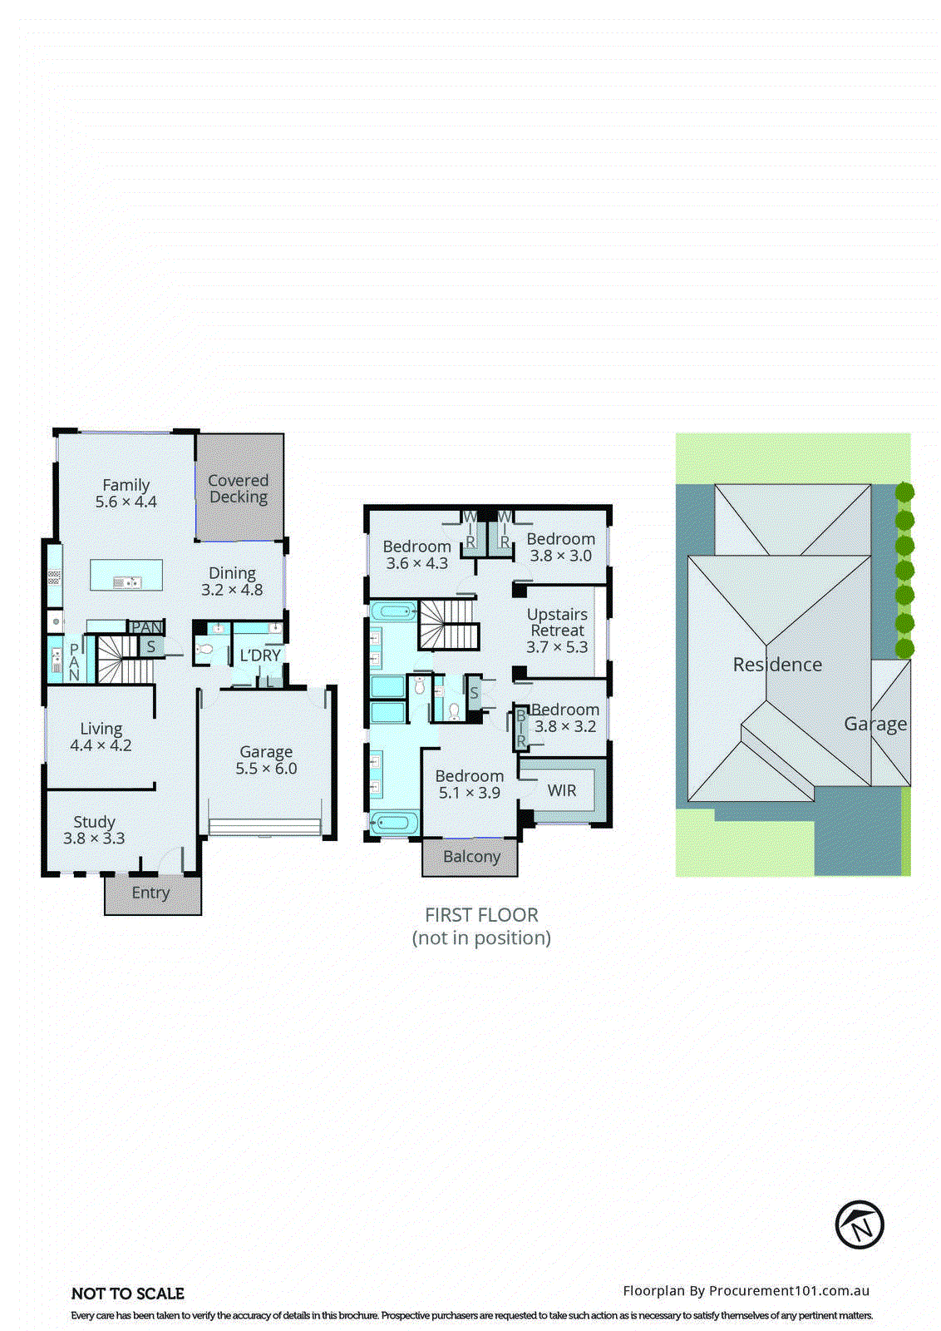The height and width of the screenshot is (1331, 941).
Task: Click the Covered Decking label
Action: point(238,489)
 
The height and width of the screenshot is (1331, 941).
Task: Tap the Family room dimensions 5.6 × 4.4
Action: point(126,502)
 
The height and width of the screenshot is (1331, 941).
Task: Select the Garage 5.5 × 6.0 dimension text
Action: point(266,769)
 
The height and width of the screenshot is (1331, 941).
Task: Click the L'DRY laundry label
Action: point(260,656)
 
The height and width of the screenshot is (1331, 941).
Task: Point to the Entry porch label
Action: point(150,893)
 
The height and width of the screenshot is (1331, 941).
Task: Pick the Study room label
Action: point(94,822)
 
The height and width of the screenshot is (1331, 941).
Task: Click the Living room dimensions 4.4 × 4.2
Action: point(101,745)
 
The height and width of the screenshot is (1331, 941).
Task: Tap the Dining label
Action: point(232,573)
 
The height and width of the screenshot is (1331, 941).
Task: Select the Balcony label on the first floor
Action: point(471,857)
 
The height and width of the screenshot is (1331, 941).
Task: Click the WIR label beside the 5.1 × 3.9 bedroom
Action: point(562,790)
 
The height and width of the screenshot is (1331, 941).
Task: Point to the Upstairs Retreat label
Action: point(557,622)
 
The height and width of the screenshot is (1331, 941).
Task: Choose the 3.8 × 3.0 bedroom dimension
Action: point(561,556)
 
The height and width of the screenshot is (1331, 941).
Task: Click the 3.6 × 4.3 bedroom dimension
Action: point(416,563)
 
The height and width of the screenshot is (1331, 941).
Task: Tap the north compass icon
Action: point(859,1225)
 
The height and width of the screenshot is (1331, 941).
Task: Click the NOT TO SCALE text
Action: point(128,1294)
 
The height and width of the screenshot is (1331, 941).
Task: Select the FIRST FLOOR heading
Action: point(481,915)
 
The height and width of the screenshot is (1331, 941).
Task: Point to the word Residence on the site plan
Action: point(777,665)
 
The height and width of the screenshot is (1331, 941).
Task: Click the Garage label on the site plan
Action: point(875,725)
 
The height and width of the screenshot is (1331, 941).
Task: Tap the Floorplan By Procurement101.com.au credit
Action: point(746,1291)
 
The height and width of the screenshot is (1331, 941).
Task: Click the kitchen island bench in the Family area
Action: point(126,575)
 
